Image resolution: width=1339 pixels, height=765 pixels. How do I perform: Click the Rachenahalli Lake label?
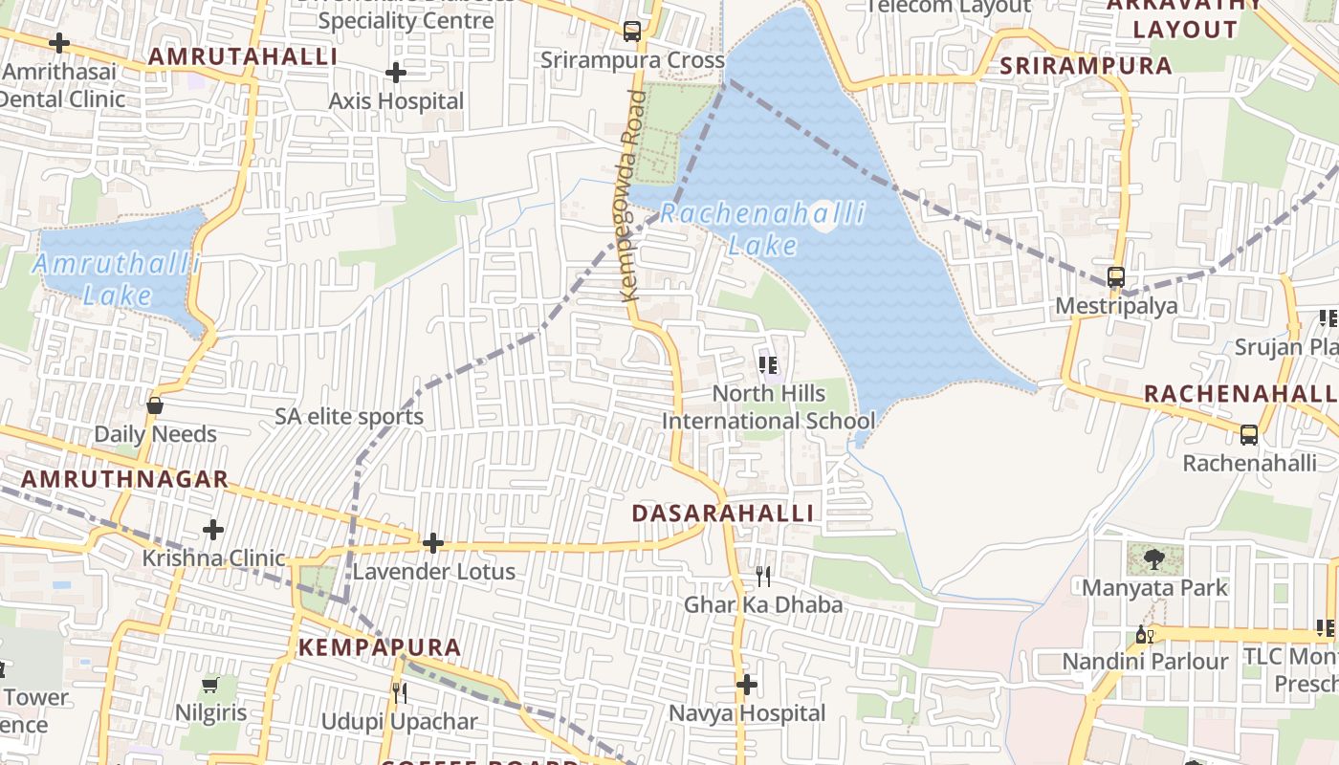(762, 229)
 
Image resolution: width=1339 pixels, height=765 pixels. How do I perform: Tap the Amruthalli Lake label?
(117, 278)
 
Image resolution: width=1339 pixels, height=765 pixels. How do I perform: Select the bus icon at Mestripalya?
(1116, 277)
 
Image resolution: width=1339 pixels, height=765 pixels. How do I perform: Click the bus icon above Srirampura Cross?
(632, 31)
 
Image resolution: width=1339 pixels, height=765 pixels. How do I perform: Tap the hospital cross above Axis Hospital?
(396, 73)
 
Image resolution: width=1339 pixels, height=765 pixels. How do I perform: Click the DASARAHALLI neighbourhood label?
(723, 514)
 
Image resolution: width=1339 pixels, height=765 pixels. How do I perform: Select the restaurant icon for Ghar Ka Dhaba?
(763, 576)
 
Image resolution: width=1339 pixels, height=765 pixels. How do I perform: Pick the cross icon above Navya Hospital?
(747, 685)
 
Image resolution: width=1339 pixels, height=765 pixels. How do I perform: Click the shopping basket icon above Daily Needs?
(155, 406)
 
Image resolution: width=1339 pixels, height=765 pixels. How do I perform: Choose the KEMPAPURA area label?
(380, 647)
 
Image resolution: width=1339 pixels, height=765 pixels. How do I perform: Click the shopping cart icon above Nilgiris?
(210, 685)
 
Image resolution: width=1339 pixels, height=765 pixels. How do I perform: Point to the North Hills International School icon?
(768, 365)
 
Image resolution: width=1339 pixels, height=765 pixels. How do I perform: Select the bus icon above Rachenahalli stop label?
(1249, 435)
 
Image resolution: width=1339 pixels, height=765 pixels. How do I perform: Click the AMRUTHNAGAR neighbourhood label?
(124, 479)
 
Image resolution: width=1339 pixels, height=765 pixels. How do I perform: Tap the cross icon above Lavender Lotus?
(433, 544)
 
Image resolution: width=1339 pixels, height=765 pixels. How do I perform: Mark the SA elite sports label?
(349, 417)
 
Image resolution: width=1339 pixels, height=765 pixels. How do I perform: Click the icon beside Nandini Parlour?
(1144, 634)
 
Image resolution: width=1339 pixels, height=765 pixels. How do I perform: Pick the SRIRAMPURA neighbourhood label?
(1086, 66)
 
